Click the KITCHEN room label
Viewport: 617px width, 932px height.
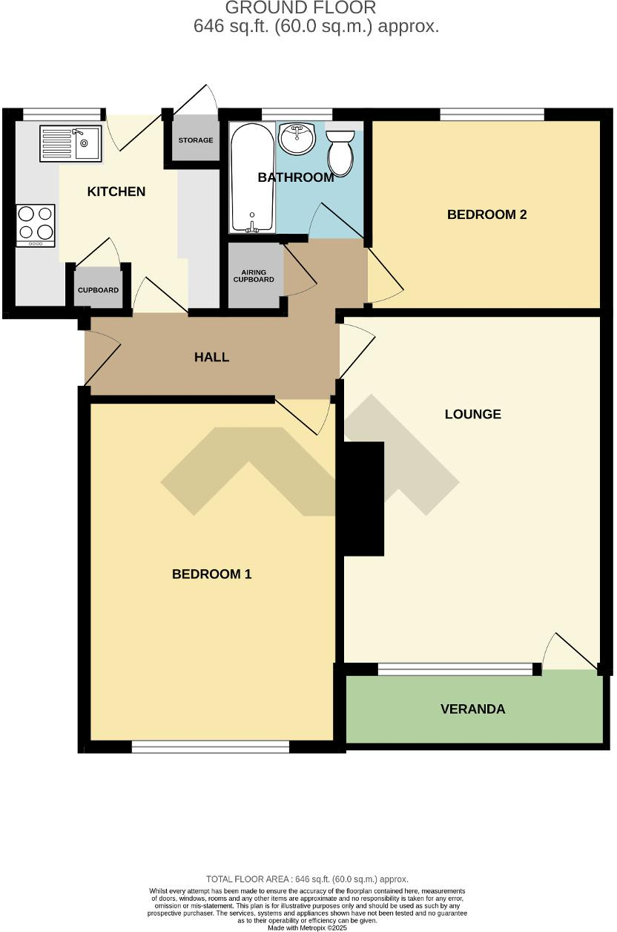pyautogui.click(x=116, y=191)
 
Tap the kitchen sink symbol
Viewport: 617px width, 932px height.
pyautogui.click(x=70, y=142)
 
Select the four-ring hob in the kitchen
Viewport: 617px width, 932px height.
pyautogui.click(x=36, y=224)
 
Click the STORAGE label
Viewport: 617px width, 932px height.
pyautogui.click(x=196, y=140)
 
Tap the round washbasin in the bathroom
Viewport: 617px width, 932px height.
pyautogui.click(x=297, y=139)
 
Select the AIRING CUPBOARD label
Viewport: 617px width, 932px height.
pyautogui.click(x=254, y=276)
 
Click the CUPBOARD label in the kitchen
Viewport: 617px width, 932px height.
pyautogui.click(x=99, y=290)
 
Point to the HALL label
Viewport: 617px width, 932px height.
pyautogui.click(x=211, y=357)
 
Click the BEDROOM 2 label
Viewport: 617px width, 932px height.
pyautogui.click(x=486, y=214)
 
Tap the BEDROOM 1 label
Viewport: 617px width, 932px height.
pyautogui.click(x=212, y=574)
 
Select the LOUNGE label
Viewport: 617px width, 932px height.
pyautogui.click(x=472, y=414)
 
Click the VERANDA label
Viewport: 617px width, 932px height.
pyautogui.click(x=472, y=709)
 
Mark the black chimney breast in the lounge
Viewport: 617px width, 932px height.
pyautogui.click(x=363, y=498)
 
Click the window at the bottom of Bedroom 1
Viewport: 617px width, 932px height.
pyautogui.click(x=211, y=747)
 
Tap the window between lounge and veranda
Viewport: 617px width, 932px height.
pyautogui.click(x=455, y=669)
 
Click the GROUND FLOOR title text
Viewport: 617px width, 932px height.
pyautogui.click(x=300, y=8)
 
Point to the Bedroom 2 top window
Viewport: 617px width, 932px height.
pyautogui.click(x=492, y=114)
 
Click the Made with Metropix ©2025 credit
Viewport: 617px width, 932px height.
pyautogui.click(x=307, y=928)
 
